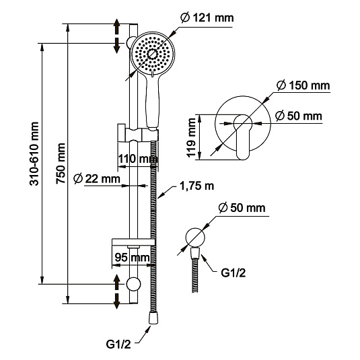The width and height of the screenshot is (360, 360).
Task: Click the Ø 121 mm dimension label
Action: click(x=207, y=18)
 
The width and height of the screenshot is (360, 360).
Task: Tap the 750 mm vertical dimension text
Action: click(x=61, y=164)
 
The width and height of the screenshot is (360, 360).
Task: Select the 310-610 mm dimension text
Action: click(x=34, y=153)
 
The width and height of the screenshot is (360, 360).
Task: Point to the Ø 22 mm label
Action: click(x=97, y=178)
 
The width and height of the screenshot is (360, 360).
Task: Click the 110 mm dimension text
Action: click(x=138, y=159)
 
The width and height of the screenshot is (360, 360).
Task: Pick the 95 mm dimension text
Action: click(x=133, y=257)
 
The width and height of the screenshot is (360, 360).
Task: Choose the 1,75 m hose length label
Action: click(x=196, y=186)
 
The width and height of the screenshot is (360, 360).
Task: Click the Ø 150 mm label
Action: click(x=303, y=85)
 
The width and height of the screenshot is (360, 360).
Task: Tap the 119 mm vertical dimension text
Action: click(x=191, y=138)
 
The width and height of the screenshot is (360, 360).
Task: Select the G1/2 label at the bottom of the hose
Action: click(x=118, y=345)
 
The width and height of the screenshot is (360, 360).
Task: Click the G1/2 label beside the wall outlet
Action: click(x=233, y=273)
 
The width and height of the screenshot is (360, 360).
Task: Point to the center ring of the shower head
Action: click(x=152, y=55)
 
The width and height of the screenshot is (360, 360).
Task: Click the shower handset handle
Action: click(x=152, y=101)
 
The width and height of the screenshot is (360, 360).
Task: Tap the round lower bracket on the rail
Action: click(x=133, y=284)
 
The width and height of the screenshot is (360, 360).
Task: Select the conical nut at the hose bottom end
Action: click(x=153, y=318)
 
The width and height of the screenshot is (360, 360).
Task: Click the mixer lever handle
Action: click(x=243, y=137)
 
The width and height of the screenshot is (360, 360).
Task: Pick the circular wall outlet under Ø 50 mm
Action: click(x=194, y=238)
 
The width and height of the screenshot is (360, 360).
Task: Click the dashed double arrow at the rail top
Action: click(x=117, y=36)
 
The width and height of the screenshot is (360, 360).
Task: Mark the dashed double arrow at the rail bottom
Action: click(x=117, y=291)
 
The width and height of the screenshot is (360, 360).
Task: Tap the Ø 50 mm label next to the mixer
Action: click(x=299, y=116)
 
